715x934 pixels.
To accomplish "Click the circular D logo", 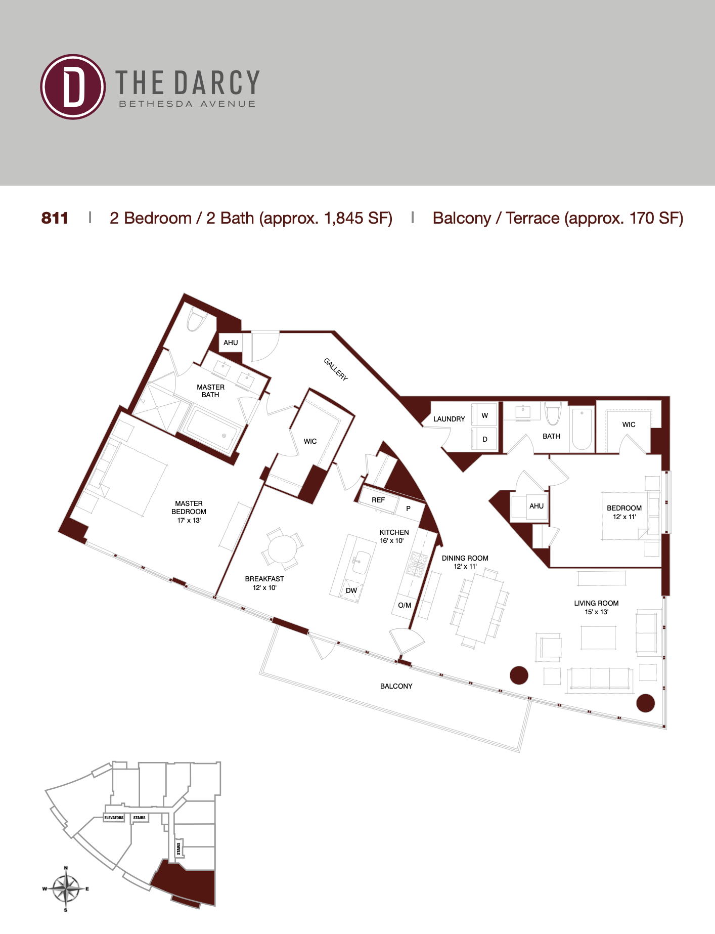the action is coord(73,87).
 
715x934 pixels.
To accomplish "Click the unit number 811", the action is coord(55,218).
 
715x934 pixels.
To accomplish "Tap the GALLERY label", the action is coord(336,369).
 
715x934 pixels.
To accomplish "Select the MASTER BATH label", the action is coord(210,391).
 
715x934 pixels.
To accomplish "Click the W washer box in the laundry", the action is coord(484,415).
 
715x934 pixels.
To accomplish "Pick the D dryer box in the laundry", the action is coord(484,439).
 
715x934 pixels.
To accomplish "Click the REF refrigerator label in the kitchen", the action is coord(378,500).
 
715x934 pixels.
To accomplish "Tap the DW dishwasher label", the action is coord(351,590).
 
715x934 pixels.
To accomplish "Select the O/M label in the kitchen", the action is coord(405,605).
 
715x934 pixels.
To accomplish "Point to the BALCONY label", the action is coord(396,686).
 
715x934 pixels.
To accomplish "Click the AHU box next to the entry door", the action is coord(231,343).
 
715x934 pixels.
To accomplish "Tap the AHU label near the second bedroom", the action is coord(537,506).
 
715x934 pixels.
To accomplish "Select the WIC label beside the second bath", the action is coord(629,424).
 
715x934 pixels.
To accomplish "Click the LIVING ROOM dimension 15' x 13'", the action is coord(597,612).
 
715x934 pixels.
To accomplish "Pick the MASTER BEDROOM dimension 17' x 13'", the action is coord(189,520).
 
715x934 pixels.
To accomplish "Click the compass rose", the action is coord(66,889).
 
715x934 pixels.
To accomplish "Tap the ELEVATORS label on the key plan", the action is coord(114,818).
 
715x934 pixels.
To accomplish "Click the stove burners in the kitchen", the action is coord(417,564).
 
